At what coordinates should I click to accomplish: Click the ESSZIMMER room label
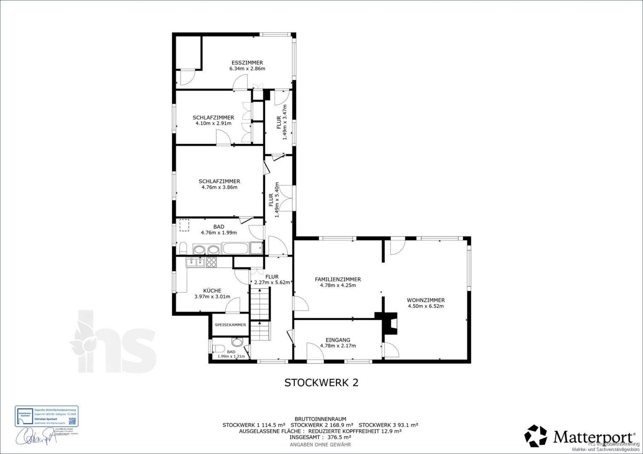click(x=247, y=63)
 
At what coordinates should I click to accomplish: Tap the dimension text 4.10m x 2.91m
click(x=213, y=124)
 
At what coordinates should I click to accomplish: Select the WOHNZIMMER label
click(x=425, y=300)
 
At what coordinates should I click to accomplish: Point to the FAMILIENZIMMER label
click(x=338, y=279)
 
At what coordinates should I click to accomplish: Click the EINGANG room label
click(x=338, y=340)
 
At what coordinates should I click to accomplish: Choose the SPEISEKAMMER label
click(x=230, y=325)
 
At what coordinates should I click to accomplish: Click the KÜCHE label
click(x=212, y=290)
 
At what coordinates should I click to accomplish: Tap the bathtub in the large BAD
click(x=235, y=248)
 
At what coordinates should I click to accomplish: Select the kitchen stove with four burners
click(x=211, y=262)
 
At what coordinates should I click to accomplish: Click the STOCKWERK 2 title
click(x=321, y=383)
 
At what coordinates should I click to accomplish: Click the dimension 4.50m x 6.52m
click(x=425, y=306)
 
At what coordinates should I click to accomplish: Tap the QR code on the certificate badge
click(x=72, y=420)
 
